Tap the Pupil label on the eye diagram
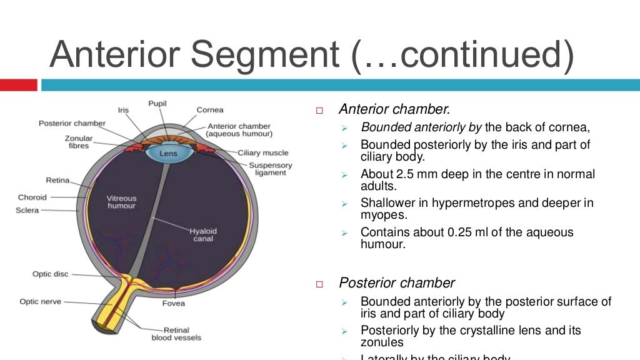[157, 102]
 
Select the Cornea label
[210, 110]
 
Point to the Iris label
[123, 110]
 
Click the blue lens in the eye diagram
[168, 153]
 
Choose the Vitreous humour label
[121, 202]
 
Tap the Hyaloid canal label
[203, 234]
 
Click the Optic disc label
[51, 274]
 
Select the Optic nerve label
[41, 301]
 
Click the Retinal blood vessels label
[176, 334]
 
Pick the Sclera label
[27, 211]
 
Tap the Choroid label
[32, 197]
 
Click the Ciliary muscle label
[263, 152]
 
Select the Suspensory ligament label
[270, 169]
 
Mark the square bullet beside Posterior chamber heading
[319, 284]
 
